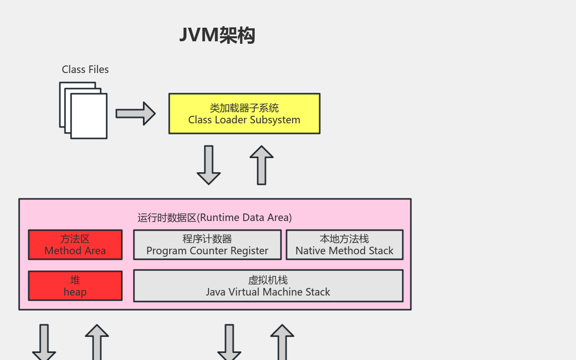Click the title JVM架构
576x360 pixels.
point(218,35)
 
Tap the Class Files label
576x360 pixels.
point(85,69)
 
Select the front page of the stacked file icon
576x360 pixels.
point(89,116)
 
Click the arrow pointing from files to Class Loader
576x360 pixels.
point(135,113)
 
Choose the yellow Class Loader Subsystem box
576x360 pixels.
point(244,114)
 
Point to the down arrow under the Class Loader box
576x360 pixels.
point(208,165)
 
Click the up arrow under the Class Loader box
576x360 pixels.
point(261,165)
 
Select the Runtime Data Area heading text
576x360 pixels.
point(215,218)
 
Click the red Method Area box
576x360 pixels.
point(75,245)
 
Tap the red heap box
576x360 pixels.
point(75,286)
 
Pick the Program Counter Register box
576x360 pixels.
point(207,245)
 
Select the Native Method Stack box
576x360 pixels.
point(344,245)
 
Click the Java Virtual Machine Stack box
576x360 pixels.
point(268,286)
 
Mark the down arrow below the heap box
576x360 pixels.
point(44,342)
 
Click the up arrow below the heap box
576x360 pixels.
point(97,342)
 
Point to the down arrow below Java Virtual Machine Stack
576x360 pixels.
point(229,342)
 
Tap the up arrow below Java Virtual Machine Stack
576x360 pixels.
point(282,342)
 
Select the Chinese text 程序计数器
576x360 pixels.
point(207,239)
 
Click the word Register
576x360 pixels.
point(249,251)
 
